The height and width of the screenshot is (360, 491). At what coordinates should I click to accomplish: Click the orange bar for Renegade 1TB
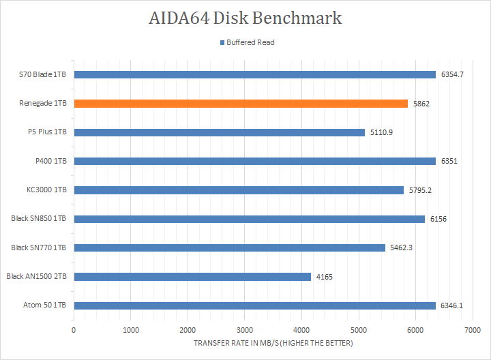pos(240,104)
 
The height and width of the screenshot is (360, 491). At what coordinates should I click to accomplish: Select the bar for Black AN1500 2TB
pos(192,277)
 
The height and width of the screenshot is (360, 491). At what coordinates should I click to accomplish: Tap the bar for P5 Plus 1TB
pos(219,132)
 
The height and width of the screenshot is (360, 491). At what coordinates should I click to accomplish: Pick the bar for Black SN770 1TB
pos(229,247)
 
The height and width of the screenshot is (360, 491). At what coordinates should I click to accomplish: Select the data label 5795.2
pos(420,190)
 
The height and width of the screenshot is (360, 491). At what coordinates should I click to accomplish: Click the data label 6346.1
pos(452,305)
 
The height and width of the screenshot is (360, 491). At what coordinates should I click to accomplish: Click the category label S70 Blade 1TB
pos(42,74)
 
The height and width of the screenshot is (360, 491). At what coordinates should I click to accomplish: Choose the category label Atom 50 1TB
pos(44,305)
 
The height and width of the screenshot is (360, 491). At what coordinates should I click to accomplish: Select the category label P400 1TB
pos(49,161)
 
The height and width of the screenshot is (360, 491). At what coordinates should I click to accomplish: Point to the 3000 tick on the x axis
pos(245,330)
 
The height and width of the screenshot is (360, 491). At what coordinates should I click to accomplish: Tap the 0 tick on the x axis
pos(74,330)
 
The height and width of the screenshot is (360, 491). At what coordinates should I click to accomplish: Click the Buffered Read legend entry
pos(246,42)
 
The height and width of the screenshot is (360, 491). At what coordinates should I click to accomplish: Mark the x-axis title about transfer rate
pos(273,343)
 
